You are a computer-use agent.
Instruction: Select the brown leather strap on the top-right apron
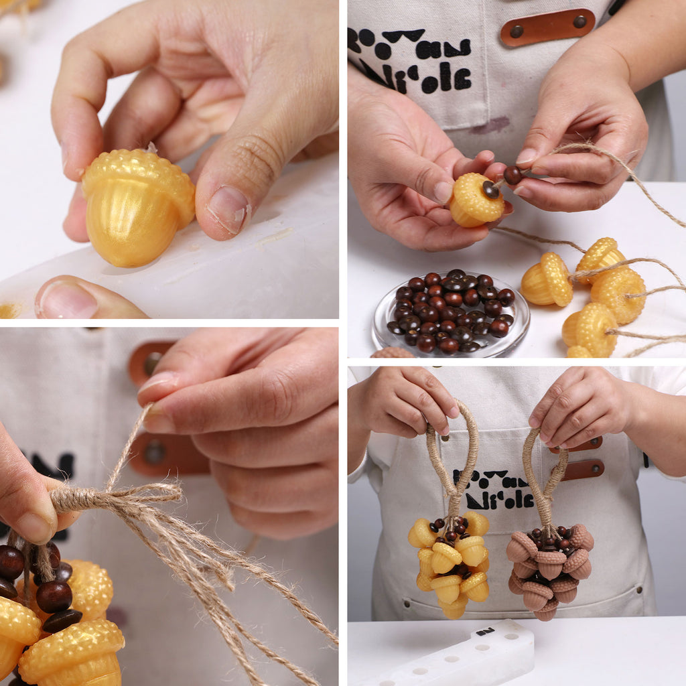tap(547, 27)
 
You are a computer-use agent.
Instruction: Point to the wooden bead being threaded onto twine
tap(512, 176)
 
